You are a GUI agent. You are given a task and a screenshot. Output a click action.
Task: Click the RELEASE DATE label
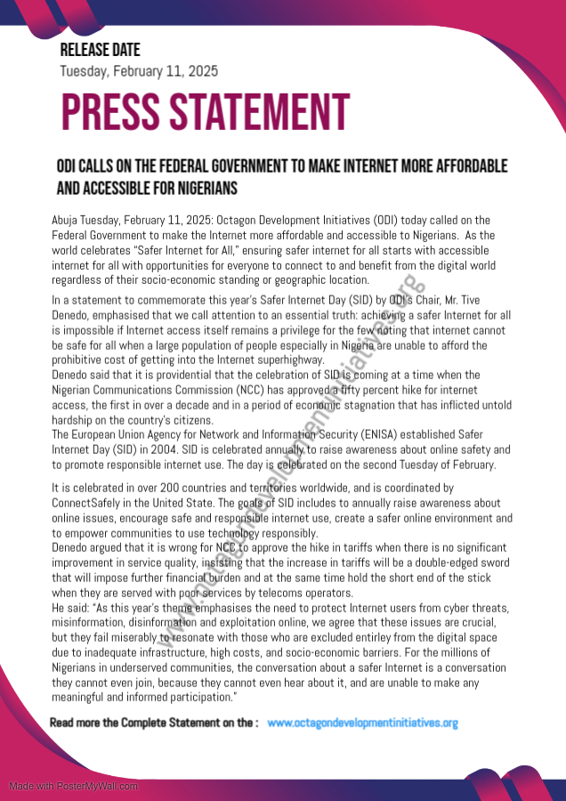[x=100, y=51]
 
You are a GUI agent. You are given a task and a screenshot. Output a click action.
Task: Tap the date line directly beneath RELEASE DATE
[x=139, y=71]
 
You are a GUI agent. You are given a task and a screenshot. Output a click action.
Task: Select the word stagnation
[x=376, y=403]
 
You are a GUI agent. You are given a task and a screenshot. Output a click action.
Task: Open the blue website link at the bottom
[x=362, y=723]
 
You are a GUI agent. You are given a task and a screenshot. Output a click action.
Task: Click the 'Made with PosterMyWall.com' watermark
[x=73, y=786]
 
